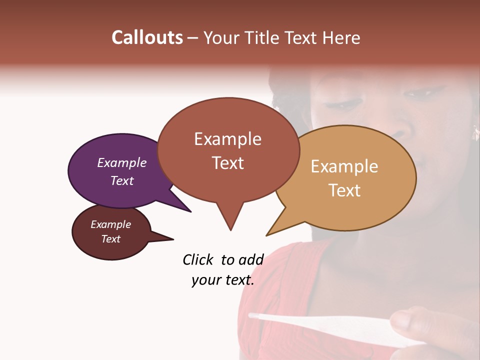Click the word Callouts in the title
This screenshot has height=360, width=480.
tap(147, 37)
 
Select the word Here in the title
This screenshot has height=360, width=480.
tap(341, 37)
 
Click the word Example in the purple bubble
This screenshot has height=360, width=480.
tap(121, 162)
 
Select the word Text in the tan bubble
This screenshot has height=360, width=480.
tap(344, 190)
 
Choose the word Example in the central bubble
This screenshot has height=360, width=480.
tap(227, 139)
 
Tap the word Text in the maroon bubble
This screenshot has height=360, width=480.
tap(110, 239)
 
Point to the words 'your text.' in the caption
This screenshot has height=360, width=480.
tap(222, 280)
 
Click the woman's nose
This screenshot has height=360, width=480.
tap(400, 127)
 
